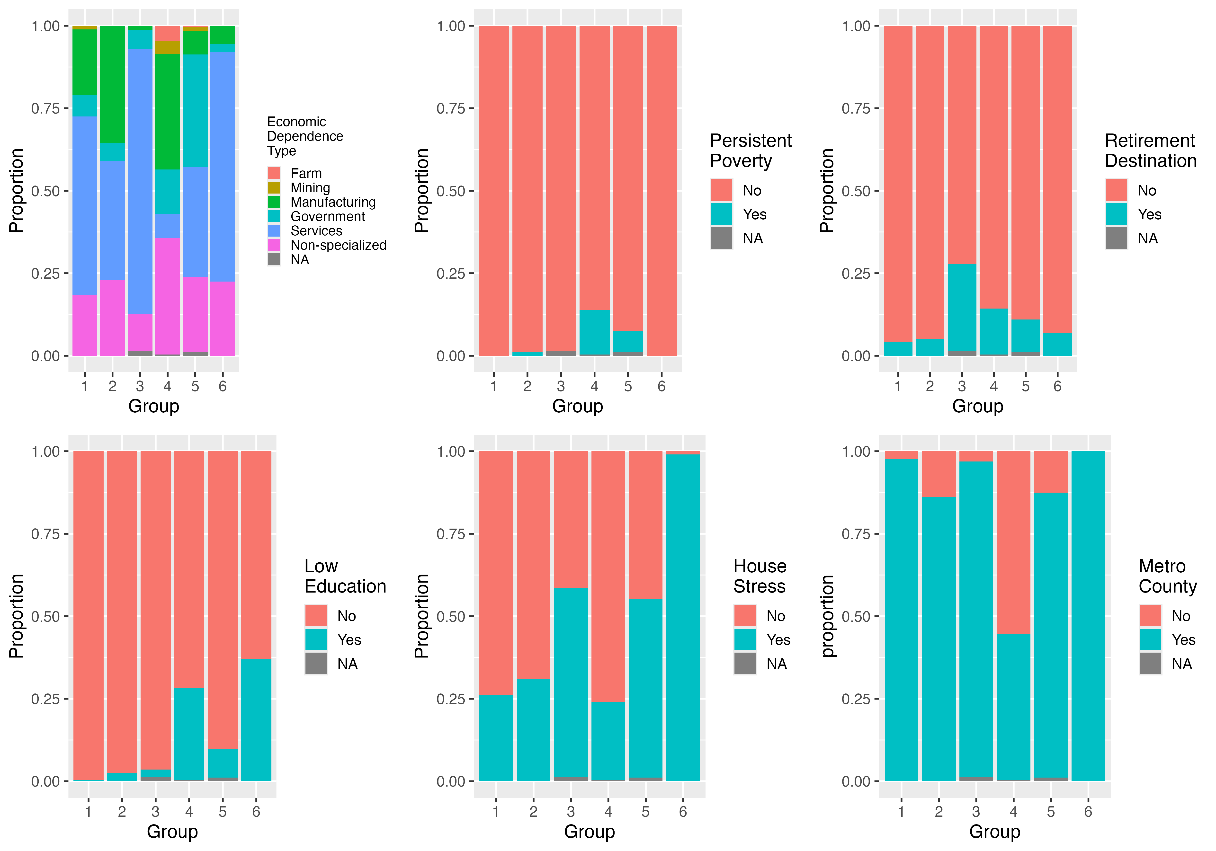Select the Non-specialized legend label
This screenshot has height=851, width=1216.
tap(339, 245)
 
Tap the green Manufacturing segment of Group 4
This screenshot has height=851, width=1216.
tap(167, 111)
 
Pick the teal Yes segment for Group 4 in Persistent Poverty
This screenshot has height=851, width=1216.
tap(594, 332)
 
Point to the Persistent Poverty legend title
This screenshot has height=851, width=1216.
tap(751, 151)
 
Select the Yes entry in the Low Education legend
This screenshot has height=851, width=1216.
tap(349, 640)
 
